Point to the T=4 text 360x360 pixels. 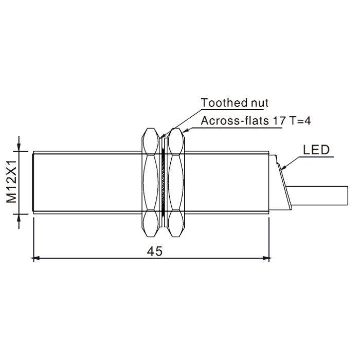(x=300, y=120)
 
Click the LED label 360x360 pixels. (x=316, y=150)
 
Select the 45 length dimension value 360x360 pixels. (x=154, y=251)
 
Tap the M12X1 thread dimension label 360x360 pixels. (x=11, y=182)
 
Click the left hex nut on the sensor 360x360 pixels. (x=150, y=183)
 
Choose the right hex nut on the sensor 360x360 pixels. (x=176, y=183)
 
